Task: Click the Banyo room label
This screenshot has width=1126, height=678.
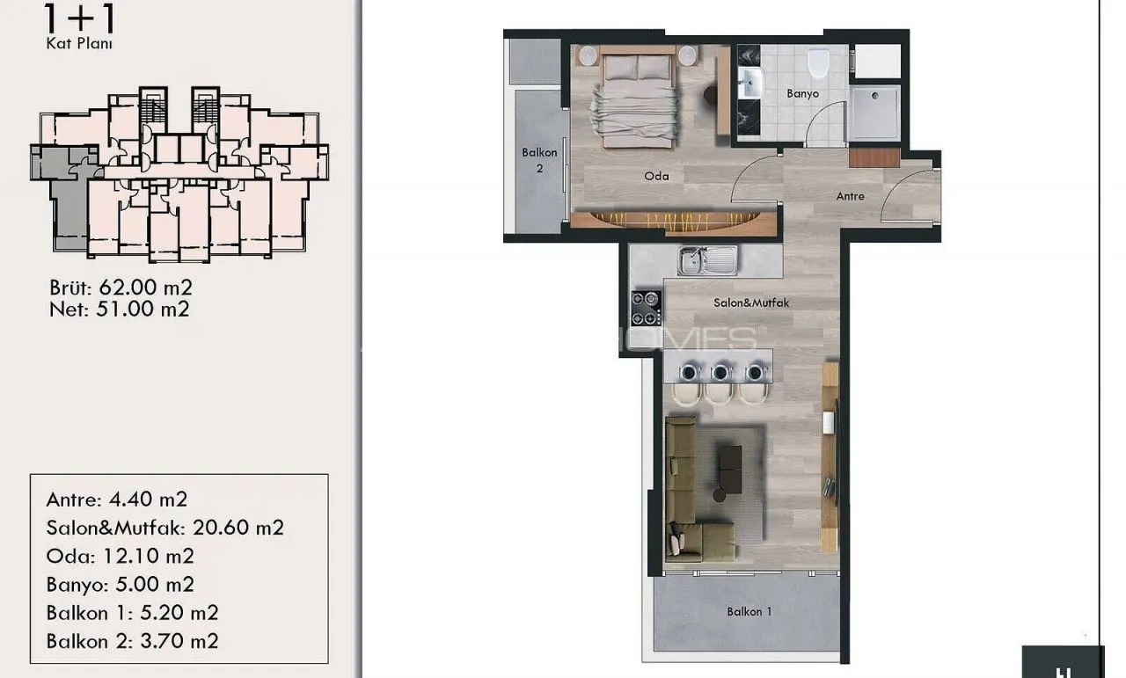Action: point(803,94)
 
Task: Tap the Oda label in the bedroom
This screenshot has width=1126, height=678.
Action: point(656,177)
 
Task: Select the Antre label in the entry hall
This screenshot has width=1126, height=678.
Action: point(850,196)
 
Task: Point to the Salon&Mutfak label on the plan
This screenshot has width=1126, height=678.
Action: point(751,303)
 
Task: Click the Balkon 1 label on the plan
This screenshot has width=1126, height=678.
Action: point(749,612)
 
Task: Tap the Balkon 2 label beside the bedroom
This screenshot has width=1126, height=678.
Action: point(539,160)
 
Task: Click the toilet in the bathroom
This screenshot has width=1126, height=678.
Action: point(818,62)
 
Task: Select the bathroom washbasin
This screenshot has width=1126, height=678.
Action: point(751,83)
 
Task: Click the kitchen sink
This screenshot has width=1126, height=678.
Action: point(708,261)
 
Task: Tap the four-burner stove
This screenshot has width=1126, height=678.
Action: point(646,308)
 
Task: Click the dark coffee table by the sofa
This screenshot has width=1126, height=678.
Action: point(729,470)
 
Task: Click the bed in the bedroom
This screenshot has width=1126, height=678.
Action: point(636,98)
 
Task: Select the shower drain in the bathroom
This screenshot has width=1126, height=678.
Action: point(875,96)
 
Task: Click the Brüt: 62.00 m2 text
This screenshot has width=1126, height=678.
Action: point(121,288)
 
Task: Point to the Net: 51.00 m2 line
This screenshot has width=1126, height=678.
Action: point(120,309)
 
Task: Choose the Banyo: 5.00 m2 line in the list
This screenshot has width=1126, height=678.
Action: point(121,584)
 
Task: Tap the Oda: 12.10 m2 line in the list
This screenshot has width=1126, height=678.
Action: point(121,556)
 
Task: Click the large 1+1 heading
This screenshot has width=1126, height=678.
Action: point(80,18)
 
